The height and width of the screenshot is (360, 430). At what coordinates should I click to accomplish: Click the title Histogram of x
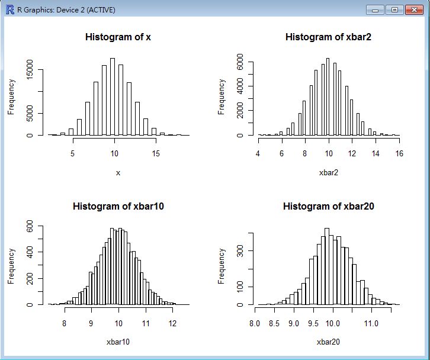pos(118,37)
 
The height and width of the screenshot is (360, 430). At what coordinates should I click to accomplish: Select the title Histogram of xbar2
pos(328,37)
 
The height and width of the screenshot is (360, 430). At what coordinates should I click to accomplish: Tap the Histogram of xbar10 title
pos(118,207)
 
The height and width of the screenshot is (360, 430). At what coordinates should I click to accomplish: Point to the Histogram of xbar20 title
pos(328,207)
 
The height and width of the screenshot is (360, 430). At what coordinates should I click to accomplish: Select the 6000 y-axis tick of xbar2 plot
pos(239,62)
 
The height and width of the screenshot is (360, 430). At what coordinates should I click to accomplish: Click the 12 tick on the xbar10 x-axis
pos(172,324)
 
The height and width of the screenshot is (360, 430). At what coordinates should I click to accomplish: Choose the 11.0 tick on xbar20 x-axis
pos(371,324)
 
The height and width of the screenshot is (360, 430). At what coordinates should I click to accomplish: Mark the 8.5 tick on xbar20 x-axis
pos(274,324)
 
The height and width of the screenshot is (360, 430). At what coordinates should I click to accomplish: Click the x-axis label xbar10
pos(118,342)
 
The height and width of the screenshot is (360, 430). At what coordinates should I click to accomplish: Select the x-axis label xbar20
pos(328,342)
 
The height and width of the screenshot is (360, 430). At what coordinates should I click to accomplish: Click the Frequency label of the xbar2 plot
pos(222,97)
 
